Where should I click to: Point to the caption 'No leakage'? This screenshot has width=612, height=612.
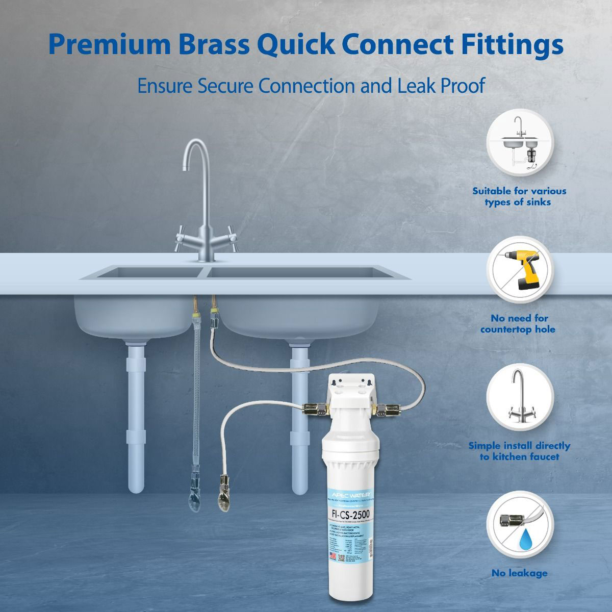[519, 573]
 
